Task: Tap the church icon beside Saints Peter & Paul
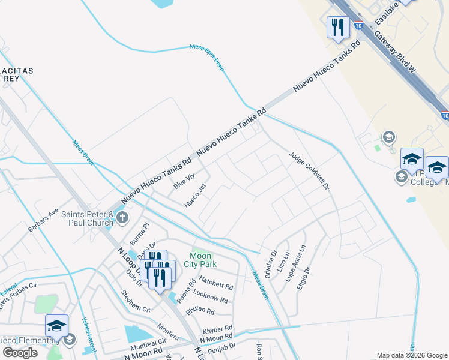point(122,217)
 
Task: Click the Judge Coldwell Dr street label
point(310,170)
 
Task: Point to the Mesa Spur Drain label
point(207,58)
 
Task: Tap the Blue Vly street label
point(184,181)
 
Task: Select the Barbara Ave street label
point(43,220)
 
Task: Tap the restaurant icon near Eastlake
point(337,27)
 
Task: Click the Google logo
point(20,353)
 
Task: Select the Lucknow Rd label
point(210,296)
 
